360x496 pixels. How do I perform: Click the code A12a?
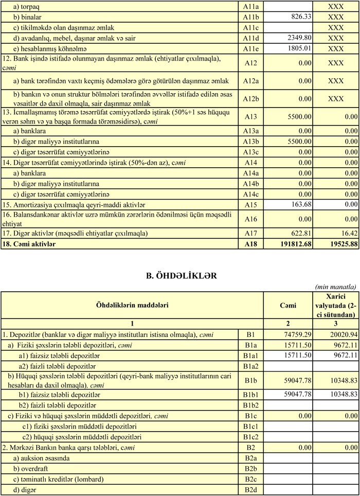pos(250,81)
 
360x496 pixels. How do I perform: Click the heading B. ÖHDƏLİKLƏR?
pos(179,276)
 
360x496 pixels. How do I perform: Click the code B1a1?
pos(250,355)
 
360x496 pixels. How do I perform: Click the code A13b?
pos(250,141)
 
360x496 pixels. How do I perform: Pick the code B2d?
pos(250,490)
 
